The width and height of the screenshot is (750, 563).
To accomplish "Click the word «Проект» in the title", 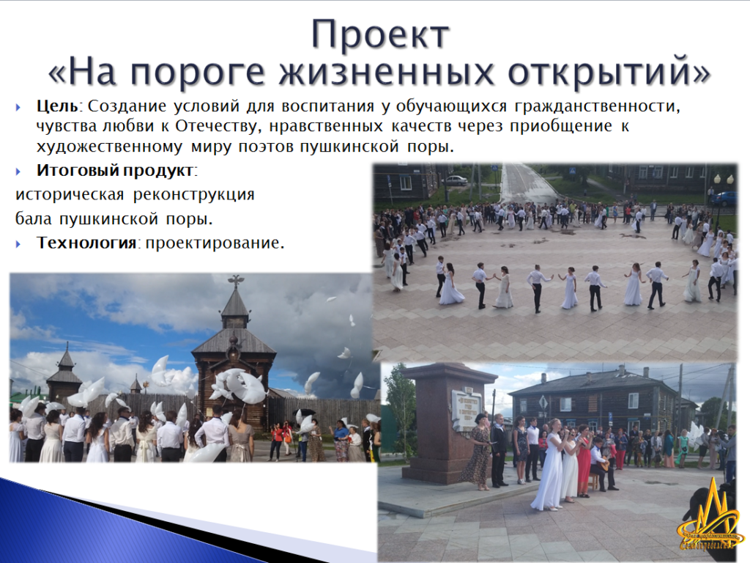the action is point(380,35).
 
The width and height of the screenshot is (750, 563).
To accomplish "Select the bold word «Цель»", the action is point(57,106).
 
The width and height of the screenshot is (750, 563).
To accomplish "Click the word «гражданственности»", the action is point(597,106).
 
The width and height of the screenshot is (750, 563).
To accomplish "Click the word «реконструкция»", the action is point(193,195).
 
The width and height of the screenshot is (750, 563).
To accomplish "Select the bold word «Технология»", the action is point(86,243).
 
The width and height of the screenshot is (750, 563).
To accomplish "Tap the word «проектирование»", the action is point(215,243).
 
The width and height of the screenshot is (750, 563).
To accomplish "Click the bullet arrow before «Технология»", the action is point(18,243).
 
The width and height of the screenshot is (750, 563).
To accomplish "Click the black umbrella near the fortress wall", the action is point(305,412).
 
